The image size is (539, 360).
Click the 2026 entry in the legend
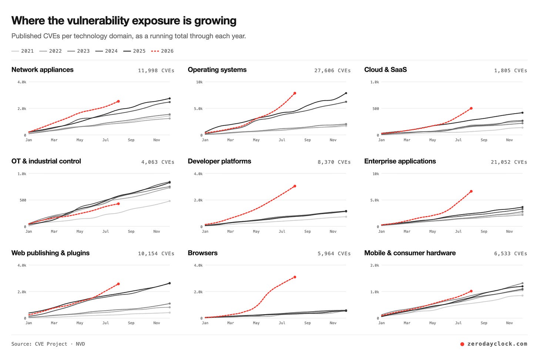(x=163, y=51)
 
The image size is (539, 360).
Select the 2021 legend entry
(x=23, y=51)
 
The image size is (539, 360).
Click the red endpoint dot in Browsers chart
(x=295, y=277)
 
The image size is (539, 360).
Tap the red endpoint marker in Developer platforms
(x=295, y=186)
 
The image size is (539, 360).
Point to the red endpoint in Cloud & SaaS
(x=471, y=108)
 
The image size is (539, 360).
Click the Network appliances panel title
(x=42, y=70)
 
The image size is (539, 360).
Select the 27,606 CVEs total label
(x=332, y=70)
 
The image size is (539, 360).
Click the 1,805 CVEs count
(x=510, y=70)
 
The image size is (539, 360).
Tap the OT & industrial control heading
(x=46, y=161)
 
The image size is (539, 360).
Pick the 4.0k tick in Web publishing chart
(x=21, y=265)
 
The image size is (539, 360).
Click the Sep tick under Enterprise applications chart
(x=484, y=231)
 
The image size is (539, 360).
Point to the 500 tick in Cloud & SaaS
(x=376, y=109)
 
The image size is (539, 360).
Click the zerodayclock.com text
(x=497, y=344)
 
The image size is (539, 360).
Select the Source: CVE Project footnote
(x=48, y=344)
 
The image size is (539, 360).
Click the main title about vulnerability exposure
(x=124, y=21)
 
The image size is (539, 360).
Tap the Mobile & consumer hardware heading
(x=410, y=253)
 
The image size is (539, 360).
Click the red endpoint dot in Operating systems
(x=295, y=93)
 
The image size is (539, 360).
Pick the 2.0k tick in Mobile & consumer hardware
(x=375, y=265)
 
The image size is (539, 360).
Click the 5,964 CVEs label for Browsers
(x=334, y=254)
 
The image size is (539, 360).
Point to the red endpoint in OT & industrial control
(x=118, y=204)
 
